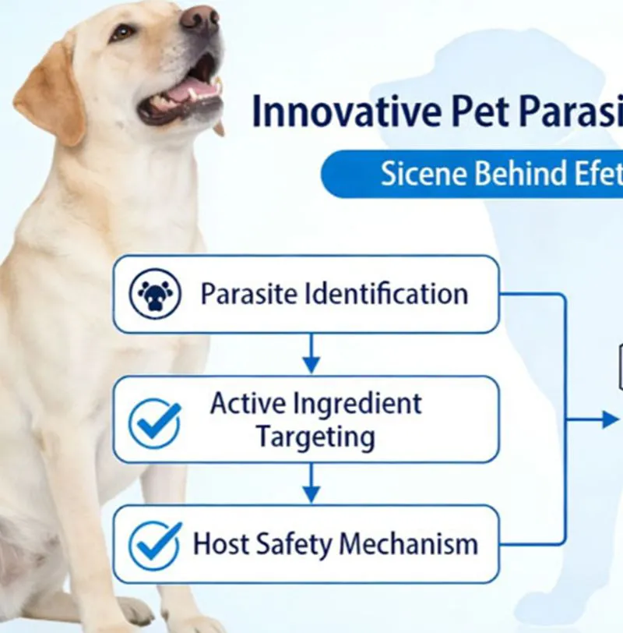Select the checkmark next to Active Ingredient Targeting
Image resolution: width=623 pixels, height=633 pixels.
point(155,422)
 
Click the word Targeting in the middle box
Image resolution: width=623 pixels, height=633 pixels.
point(315,437)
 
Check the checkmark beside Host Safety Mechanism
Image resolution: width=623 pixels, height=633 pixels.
point(155,543)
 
